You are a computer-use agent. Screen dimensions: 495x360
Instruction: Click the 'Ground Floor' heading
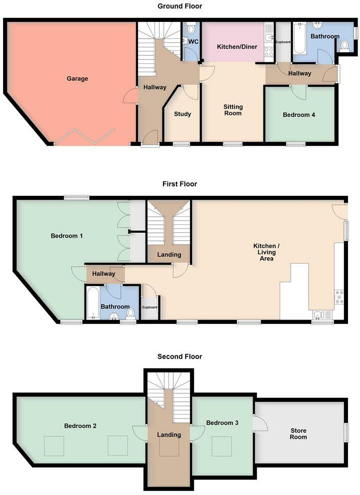[x=180, y=6]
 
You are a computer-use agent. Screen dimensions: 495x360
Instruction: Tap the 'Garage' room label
[x=77, y=79]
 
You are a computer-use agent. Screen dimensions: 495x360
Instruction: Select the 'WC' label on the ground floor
[x=193, y=41]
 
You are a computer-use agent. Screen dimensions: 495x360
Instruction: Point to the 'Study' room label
[x=182, y=114]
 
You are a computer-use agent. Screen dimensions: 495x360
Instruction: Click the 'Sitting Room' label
[x=233, y=110]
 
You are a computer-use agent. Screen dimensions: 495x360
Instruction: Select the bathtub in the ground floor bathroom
[x=300, y=39]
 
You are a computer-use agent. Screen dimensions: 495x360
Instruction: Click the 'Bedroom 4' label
[x=299, y=115]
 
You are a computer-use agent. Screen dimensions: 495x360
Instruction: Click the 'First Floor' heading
[x=180, y=184]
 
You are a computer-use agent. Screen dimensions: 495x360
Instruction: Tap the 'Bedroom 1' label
[x=67, y=236]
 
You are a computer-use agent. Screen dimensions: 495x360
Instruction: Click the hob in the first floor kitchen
[x=339, y=297]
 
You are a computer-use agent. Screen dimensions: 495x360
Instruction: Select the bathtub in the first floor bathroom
[x=92, y=303]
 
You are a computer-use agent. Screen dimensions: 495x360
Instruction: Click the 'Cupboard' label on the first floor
[x=150, y=308]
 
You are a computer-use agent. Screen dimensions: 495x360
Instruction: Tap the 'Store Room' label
[x=299, y=434]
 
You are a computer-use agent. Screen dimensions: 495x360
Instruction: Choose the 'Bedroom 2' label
[x=80, y=426]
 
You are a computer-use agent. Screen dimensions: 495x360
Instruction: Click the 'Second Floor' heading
[x=180, y=356]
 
